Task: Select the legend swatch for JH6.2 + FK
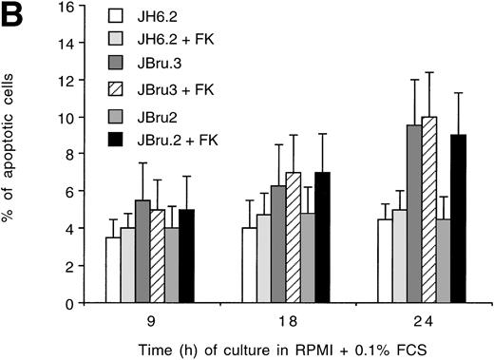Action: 118,37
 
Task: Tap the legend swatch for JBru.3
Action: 118,62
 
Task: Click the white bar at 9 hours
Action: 113,271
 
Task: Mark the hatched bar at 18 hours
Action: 293,238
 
